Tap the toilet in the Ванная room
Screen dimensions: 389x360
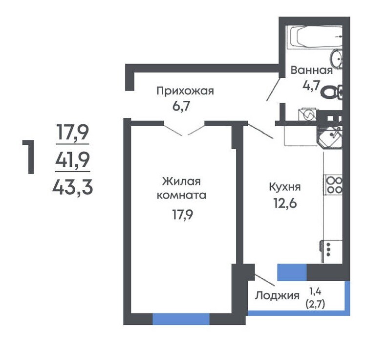[332, 92]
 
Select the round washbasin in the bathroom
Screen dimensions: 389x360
[336, 58]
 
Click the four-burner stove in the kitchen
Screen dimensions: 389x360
[334, 185]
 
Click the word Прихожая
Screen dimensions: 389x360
[185, 91]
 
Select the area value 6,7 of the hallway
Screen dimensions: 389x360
[181, 106]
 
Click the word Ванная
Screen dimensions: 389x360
[312, 70]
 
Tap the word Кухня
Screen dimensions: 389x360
[285, 187]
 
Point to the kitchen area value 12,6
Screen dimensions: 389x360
[285, 203]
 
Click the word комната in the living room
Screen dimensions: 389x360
[182, 195]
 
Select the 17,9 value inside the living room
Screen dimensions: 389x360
[183, 215]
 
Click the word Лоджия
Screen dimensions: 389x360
[278, 296]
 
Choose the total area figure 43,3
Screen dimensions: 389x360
[72, 187]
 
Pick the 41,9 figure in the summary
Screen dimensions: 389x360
[72, 159]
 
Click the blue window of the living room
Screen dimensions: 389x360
[181, 319]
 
